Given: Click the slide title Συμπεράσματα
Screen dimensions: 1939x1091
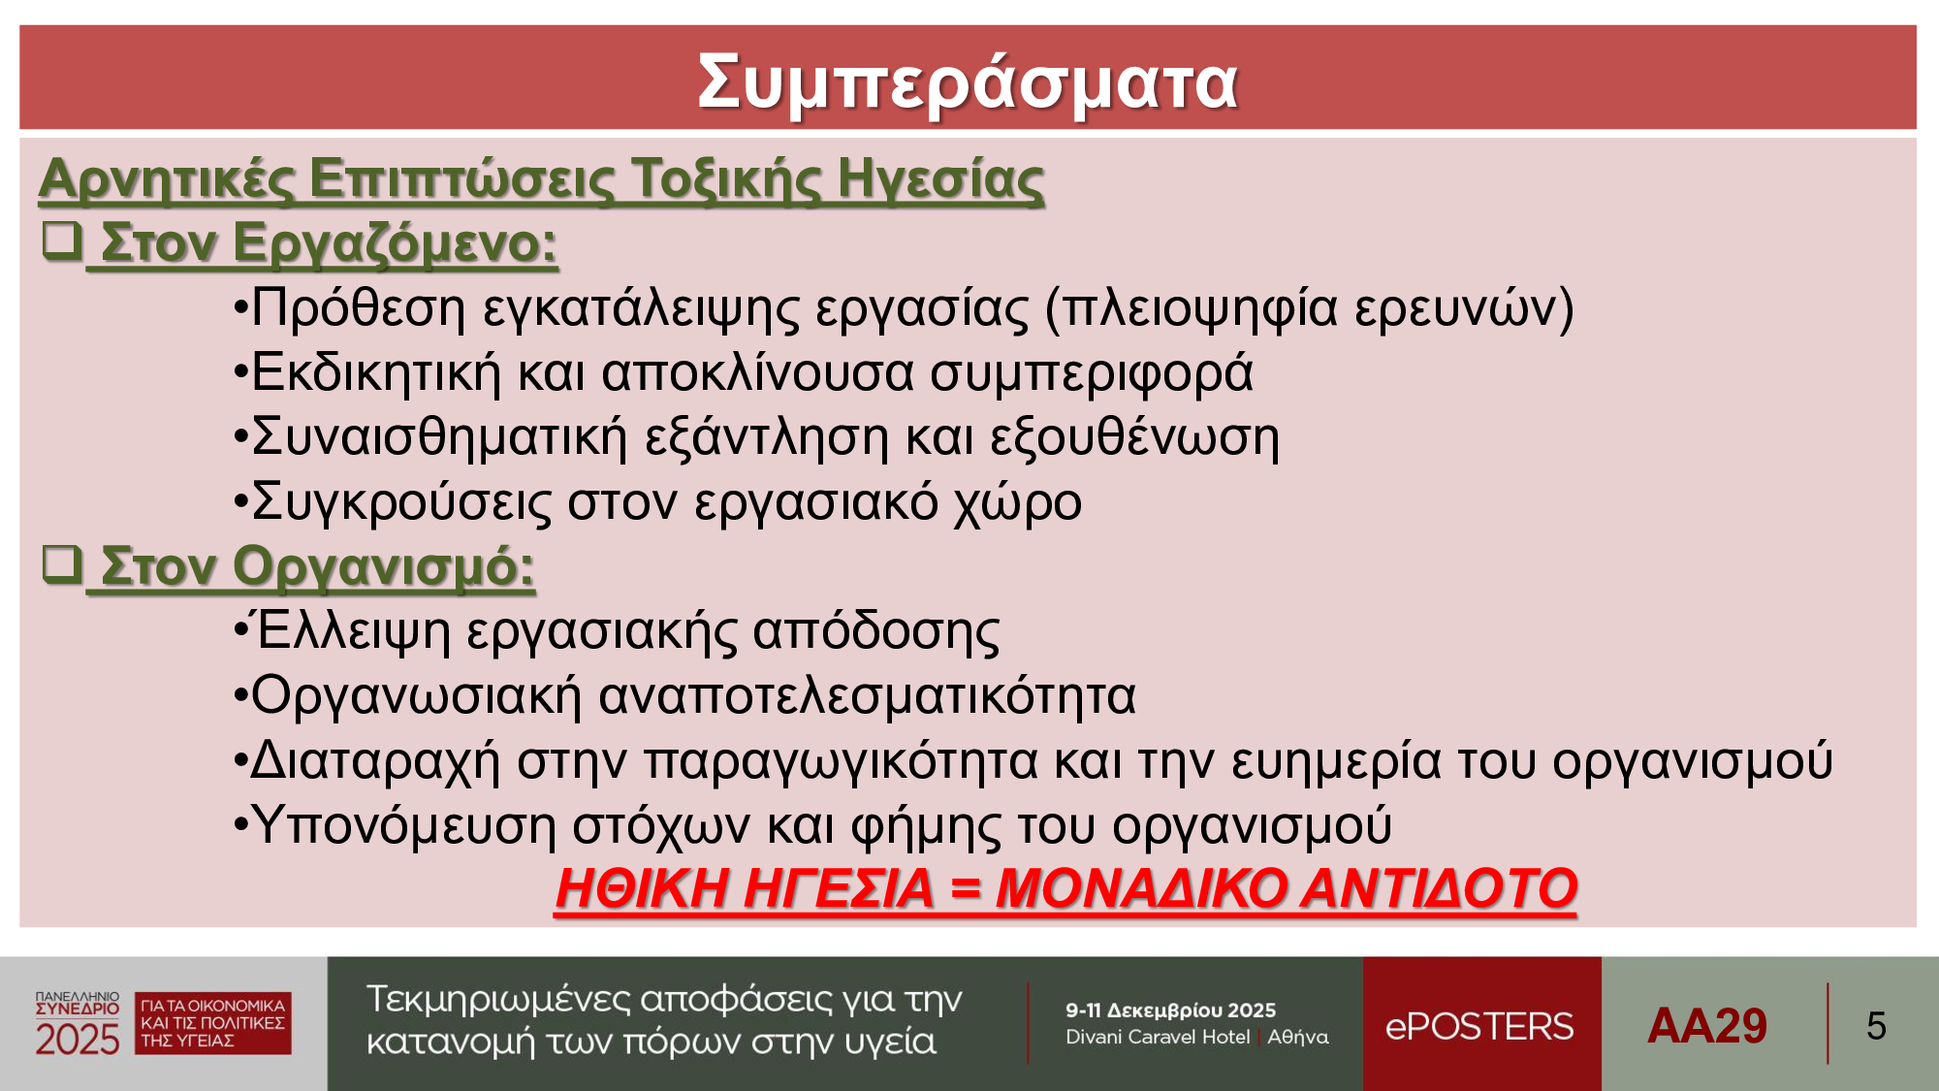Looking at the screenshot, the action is pos(968,83).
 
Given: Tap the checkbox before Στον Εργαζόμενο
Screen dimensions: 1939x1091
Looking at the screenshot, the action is pos(61,240).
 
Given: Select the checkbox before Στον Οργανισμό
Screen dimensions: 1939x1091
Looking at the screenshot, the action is pos(61,563).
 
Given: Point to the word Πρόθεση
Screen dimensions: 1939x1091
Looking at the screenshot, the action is pos(359,308).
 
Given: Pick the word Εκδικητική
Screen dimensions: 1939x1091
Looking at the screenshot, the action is pos(376,373).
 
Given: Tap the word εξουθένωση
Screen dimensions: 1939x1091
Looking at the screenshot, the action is pos(1134,438).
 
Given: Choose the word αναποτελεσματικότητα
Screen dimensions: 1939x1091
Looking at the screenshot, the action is pos(867,696).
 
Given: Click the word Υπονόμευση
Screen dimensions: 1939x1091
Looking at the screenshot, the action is pos(403,826).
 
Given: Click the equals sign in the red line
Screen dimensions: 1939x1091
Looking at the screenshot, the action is pos(965,889).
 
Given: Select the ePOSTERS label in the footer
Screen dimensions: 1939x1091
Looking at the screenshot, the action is pos(1479,1026).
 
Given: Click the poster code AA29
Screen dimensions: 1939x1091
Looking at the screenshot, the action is pos(1707,1026).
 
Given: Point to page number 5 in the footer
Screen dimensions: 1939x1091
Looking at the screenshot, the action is pos(1876,1026).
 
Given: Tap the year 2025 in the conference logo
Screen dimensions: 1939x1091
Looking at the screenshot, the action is pos(78,1040).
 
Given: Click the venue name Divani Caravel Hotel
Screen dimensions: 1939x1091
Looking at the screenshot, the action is pos(1158,1037).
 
